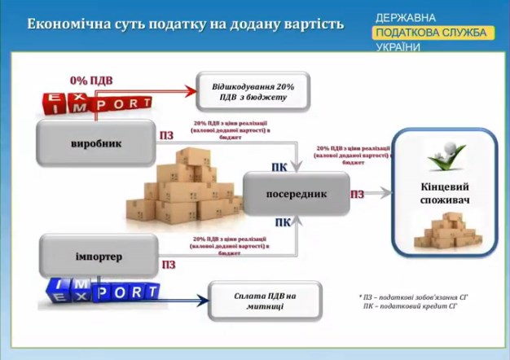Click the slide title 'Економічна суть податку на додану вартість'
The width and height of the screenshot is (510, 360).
coord(185,23)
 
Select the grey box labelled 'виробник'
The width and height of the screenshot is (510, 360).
coord(96,143)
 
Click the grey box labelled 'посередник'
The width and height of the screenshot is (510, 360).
coord(297,194)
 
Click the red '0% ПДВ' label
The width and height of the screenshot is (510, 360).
coord(91,81)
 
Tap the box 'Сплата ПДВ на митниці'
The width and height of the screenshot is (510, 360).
coord(266,301)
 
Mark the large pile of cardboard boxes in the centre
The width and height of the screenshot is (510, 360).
coord(186,189)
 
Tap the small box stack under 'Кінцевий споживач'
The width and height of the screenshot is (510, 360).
coord(444,231)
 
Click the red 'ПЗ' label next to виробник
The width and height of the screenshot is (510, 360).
coord(167,134)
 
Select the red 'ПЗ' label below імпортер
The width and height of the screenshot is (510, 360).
coord(169,265)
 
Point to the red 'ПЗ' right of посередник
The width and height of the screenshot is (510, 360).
coord(357,195)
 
